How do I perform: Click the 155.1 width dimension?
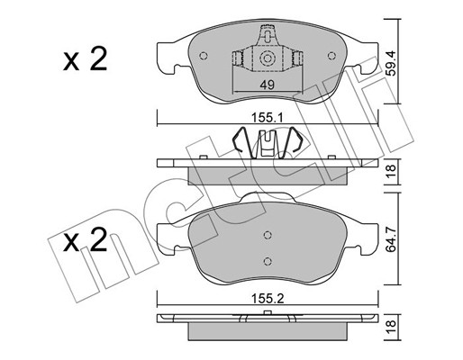pos(268,118)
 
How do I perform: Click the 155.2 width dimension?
pos(268,299)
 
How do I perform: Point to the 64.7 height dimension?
pos(391,239)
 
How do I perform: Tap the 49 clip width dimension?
pos(268,85)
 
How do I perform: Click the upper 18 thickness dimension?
pos(391,172)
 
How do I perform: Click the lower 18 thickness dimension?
pos(391,327)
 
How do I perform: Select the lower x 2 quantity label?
pos(86,239)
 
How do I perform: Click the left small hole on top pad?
pos(204,56)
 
